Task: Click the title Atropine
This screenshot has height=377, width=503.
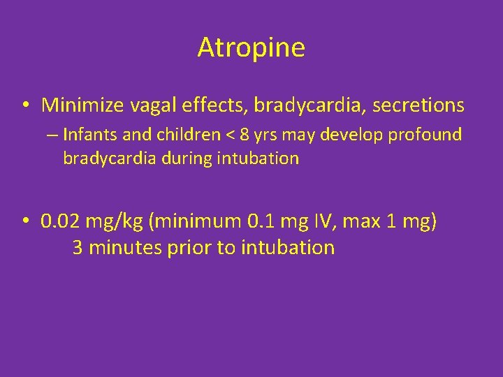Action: [x=251, y=47]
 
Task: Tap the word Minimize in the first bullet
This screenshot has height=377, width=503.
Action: [x=83, y=105]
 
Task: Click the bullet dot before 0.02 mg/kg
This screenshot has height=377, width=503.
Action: [x=24, y=223]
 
